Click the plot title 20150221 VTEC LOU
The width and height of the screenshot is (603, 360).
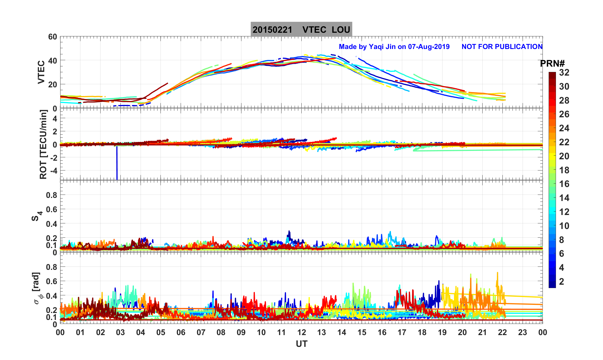pos(301,30)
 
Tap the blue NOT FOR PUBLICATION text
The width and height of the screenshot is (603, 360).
pos(502,47)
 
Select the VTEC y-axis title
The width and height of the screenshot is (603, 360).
pos(41,72)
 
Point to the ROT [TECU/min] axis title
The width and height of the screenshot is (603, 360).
pos(43,144)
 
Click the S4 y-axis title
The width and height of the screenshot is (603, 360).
pos(36,216)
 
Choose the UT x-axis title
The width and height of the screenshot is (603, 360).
pos(301,344)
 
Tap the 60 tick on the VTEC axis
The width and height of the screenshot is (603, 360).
pos(52,37)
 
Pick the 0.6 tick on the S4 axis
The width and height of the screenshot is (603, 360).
pos(52,209)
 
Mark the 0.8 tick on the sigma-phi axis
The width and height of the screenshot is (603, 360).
pos(52,267)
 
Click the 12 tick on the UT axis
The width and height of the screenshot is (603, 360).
pos(301,333)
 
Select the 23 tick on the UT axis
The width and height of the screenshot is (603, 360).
pos(523,333)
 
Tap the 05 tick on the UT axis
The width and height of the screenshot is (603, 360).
pos(161,333)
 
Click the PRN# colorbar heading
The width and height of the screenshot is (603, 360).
pos(552,64)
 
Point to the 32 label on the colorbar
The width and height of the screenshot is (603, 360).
pos(564,73)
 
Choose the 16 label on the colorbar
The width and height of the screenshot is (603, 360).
pos(564,184)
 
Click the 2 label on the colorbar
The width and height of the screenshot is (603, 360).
pos(562,282)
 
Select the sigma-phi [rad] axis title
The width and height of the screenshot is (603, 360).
pos(37,288)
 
